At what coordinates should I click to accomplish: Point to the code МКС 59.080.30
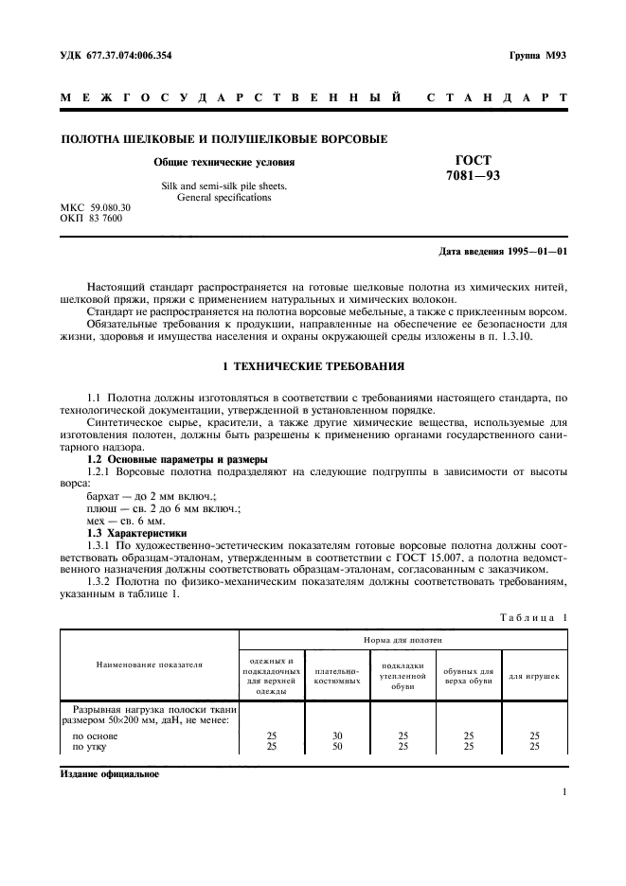click(x=96, y=207)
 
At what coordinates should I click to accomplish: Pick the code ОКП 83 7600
click(x=91, y=218)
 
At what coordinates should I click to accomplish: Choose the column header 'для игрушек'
click(x=534, y=677)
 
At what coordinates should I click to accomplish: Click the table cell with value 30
click(x=337, y=735)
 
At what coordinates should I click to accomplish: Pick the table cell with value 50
click(x=337, y=746)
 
